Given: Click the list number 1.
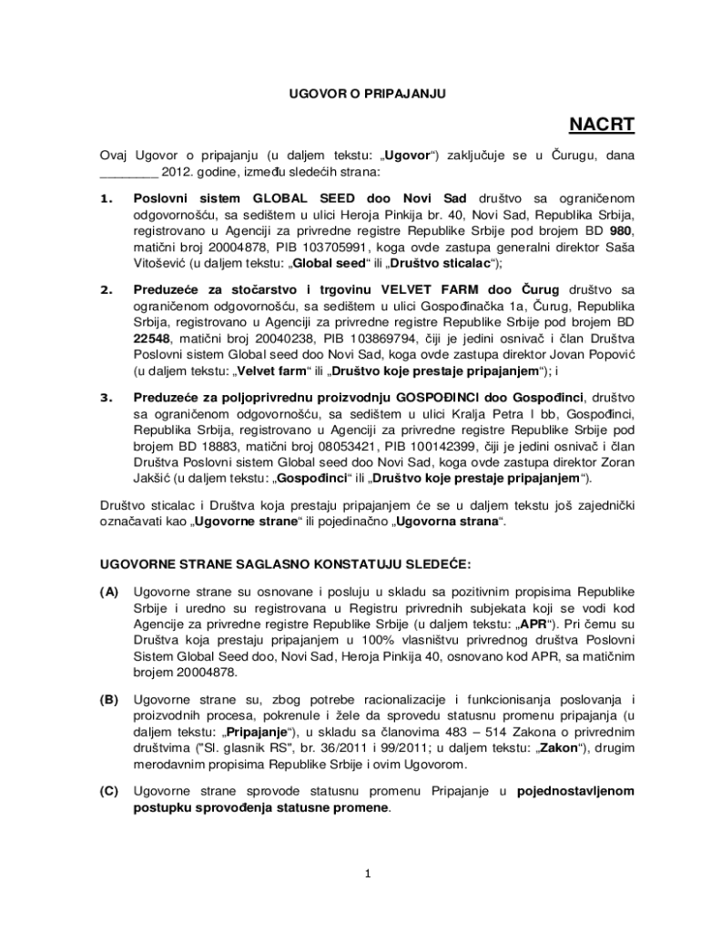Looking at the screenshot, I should click(x=107, y=198).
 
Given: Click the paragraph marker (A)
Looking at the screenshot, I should click(x=109, y=592).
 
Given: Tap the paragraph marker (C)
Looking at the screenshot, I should click(x=109, y=790).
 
